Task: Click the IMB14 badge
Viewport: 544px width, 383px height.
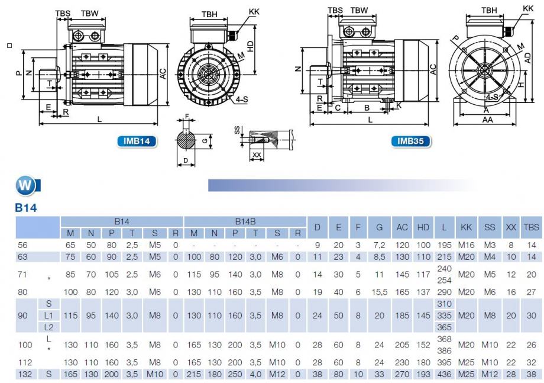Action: pyautogui.click(x=137, y=141)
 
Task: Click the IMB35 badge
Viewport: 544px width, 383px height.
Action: pyautogui.click(x=410, y=141)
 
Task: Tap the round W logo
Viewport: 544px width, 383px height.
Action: pyautogui.click(x=25, y=185)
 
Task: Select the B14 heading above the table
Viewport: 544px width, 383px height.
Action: pyautogui.click(x=26, y=208)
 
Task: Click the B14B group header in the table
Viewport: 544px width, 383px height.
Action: pyautogui.click(x=245, y=221)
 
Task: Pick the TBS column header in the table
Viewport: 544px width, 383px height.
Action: pyautogui.click(x=531, y=227)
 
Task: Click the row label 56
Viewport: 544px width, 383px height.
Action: pyautogui.click(x=22, y=245)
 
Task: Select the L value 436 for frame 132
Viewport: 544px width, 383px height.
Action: pyautogui.click(x=444, y=374)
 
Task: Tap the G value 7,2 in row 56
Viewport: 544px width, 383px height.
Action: pyautogui.click(x=379, y=245)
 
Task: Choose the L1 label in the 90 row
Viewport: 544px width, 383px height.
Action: pyautogui.click(x=48, y=316)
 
